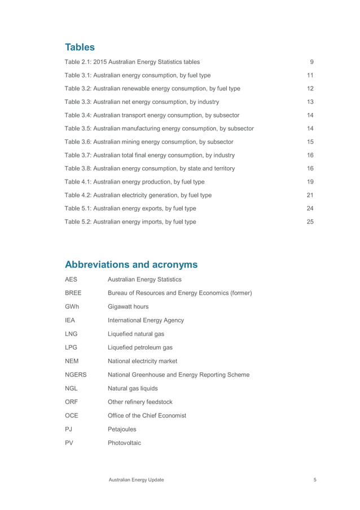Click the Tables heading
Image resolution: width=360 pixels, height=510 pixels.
[x=80, y=47]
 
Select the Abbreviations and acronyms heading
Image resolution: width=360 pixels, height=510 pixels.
[x=131, y=264]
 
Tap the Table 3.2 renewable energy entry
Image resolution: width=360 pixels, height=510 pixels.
[x=152, y=89]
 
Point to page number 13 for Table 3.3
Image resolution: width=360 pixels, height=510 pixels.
[x=310, y=102]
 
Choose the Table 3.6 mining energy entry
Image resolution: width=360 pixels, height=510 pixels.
[x=149, y=142]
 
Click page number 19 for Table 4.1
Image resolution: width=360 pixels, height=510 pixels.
[x=310, y=182]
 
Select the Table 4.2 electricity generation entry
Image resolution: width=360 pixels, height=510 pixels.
[x=138, y=195]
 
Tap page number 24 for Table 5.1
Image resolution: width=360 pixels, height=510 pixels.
[x=310, y=208]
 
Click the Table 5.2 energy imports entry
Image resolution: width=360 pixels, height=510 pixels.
[x=130, y=222]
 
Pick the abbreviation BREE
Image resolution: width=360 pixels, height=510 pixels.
[x=73, y=293]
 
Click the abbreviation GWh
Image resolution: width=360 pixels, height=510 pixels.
[x=72, y=306]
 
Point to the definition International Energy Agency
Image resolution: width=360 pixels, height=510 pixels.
[x=146, y=320]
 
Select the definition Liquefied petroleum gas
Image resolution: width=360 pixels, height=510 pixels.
[x=140, y=347]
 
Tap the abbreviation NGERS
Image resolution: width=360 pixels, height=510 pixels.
[x=76, y=374]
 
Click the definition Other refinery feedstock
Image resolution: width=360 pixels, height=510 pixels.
[x=140, y=402]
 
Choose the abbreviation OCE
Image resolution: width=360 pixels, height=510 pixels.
[x=71, y=415]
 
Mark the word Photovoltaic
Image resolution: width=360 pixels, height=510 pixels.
[x=124, y=443]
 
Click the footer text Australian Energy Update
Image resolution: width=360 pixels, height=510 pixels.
[x=137, y=480]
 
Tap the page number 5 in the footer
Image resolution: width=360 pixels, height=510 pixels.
[x=314, y=480]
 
